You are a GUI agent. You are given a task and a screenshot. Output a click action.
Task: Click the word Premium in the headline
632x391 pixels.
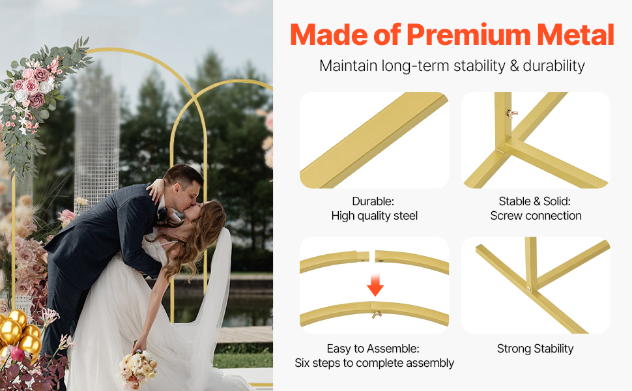tap(468, 35)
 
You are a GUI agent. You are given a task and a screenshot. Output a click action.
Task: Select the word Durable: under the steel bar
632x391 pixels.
tap(373, 201)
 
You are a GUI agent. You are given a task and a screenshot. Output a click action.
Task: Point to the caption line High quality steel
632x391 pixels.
tap(375, 216)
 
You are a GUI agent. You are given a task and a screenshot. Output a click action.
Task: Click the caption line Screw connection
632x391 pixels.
tap(536, 216)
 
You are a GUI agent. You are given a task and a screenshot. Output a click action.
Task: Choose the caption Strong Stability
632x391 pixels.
tap(536, 349)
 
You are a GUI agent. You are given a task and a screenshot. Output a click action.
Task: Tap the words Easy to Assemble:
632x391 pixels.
tap(373, 348)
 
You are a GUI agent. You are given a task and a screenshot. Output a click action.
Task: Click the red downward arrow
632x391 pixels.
tap(375, 285)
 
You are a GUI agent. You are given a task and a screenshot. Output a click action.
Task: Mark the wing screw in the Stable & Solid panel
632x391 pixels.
tap(512, 114)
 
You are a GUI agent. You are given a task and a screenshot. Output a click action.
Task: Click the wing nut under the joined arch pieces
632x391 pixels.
tap(377, 314)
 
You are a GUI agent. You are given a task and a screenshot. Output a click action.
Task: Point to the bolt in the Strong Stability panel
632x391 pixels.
tap(528, 288)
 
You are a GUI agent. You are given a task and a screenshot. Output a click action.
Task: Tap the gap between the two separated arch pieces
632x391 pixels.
tap(372, 256)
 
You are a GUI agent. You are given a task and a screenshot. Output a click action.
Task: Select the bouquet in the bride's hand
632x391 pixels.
tap(138, 368)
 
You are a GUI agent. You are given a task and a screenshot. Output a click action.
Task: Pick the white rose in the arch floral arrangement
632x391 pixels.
tap(21, 96)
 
